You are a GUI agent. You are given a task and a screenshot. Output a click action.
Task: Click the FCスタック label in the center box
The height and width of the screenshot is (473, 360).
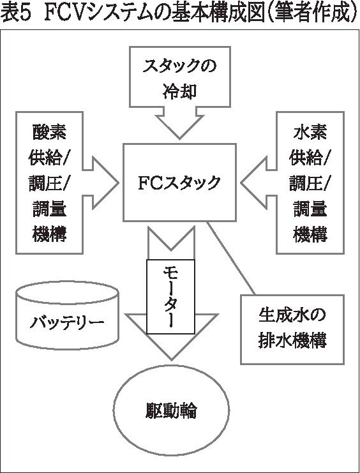click(179, 183)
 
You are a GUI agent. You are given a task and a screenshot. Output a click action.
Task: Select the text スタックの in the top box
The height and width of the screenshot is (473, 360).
click(180, 65)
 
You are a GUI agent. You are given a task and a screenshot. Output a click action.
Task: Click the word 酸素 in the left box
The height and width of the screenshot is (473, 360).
click(50, 132)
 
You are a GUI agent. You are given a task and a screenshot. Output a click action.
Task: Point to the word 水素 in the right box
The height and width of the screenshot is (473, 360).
click(310, 132)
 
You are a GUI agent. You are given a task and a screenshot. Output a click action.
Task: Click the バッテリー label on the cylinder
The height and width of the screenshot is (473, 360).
click(67, 322)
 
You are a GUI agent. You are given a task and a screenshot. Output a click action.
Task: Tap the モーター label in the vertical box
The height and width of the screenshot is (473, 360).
click(171, 297)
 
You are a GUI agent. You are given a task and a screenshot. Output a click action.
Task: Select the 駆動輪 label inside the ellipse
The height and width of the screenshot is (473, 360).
click(171, 410)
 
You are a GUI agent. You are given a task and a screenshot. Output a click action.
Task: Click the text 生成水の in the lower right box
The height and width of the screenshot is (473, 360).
click(292, 315)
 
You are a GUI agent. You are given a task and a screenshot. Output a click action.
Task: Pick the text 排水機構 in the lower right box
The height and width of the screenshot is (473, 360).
click(292, 341)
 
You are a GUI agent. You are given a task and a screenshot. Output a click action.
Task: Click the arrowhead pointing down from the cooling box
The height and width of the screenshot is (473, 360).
click(180, 126)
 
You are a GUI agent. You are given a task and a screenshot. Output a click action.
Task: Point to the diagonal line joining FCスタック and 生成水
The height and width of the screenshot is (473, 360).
click(231, 259)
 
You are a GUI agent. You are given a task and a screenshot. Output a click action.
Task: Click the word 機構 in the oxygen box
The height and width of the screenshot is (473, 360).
click(50, 234)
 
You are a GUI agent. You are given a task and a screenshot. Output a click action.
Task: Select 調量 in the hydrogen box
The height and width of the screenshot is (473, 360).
click(310, 209)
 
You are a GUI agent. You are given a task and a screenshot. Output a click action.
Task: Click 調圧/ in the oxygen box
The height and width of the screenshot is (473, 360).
click(50, 183)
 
